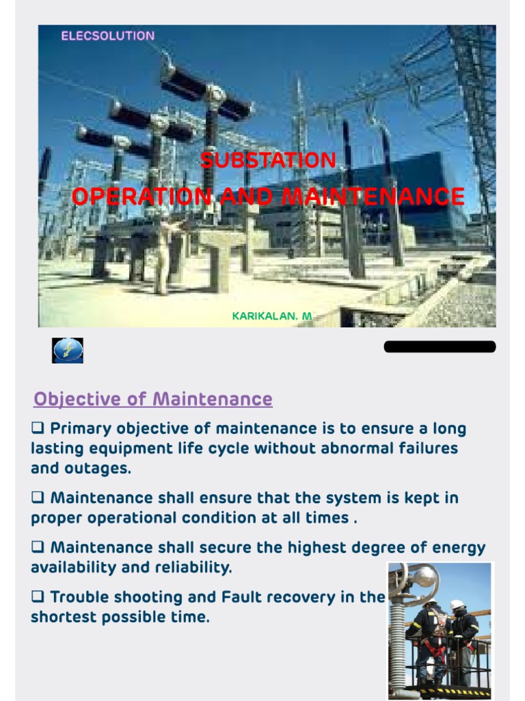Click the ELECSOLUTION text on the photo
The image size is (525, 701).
[x=108, y=36]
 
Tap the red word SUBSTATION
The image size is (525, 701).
[x=268, y=161]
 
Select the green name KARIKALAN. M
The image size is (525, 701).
[x=272, y=316]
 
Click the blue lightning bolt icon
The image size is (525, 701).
[x=68, y=350]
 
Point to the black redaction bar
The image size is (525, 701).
[x=440, y=346]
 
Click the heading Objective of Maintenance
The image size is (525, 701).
[x=153, y=399]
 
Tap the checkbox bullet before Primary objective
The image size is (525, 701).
[x=38, y=429]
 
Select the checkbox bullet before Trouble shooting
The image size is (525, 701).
[x=38, y=597]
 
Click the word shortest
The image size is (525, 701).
[x=67, y=617]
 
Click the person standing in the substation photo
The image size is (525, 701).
[x=163, y=253]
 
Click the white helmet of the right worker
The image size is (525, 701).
[x=457, y=605]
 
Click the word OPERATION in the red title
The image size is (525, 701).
[x=142, y=197]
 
